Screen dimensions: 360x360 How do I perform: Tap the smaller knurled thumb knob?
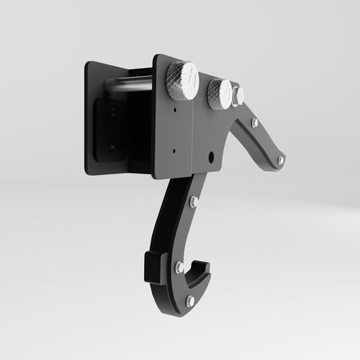click(x=218, y=93)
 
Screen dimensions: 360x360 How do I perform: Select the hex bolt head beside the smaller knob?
click(x=237, y=96)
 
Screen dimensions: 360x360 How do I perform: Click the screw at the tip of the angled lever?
click(x=281, y=160)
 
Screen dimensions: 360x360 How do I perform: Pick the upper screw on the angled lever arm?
click(x=254, y=123)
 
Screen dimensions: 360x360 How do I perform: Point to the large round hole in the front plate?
click(x=211, y=154)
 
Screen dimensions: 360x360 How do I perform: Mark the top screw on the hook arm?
click(x=194, y=201)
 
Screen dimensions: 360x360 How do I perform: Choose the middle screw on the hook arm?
click(x=179, y=268)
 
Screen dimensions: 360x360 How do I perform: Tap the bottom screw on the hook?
click(x=190, y=300)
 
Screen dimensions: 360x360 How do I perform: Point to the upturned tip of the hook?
click(x=203, y=263)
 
